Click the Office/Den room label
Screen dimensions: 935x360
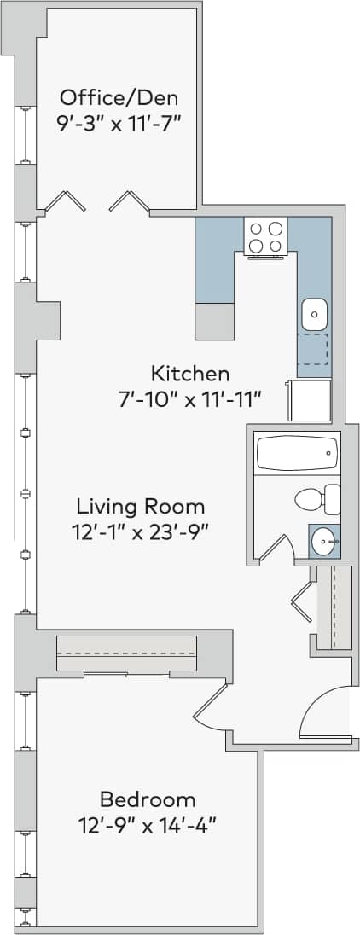click(119, 95)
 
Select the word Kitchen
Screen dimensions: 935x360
click(190, 373)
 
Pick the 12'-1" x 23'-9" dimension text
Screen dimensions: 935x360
click(140, 530)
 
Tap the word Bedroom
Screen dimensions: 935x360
click(148, 799)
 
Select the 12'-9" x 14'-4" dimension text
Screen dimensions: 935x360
click(148, 825)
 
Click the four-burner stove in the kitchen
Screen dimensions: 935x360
click(265, 236)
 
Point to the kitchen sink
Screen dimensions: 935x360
click(314, 314)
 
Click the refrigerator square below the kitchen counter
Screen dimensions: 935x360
click(311, 401)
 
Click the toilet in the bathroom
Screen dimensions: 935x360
click(316, 499)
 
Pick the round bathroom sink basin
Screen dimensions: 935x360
click(323, 539)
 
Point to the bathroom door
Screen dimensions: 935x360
click(275, 549)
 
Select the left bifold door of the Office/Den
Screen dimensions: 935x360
click(66, 201)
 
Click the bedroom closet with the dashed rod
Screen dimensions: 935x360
click(126, 654)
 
